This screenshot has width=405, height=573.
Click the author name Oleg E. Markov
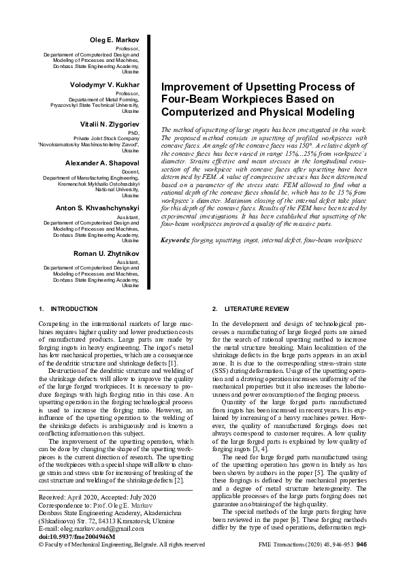[x=114, y=42]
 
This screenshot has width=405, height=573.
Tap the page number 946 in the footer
[x=361, y=544]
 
